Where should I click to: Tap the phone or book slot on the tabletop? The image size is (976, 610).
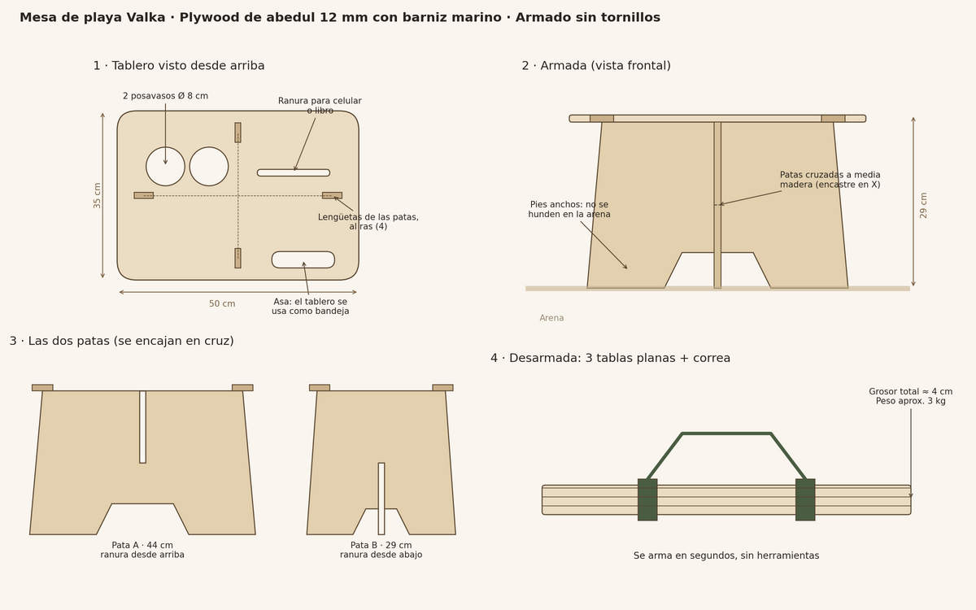294,173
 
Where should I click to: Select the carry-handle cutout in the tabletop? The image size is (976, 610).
303,259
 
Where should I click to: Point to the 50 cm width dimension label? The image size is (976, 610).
222,303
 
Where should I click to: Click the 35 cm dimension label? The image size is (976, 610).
97,196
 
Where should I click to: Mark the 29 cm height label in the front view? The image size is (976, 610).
924,205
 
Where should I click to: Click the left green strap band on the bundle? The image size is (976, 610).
647,499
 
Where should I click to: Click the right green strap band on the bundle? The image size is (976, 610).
805,499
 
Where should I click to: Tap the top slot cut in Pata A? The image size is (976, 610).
142,427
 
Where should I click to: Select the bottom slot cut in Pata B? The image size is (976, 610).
381,499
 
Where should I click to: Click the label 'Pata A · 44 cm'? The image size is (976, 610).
142,545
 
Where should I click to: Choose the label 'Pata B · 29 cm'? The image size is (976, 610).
381,545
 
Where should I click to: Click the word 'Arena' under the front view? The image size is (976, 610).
551,318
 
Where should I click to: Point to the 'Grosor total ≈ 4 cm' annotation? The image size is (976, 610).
911,391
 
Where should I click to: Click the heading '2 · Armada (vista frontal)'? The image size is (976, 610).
596,66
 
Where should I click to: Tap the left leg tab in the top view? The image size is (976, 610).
144,196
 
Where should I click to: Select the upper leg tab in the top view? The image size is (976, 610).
237,133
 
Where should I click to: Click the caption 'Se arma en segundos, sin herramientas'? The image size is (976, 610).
726,556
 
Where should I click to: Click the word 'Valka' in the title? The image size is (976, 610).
146,17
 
